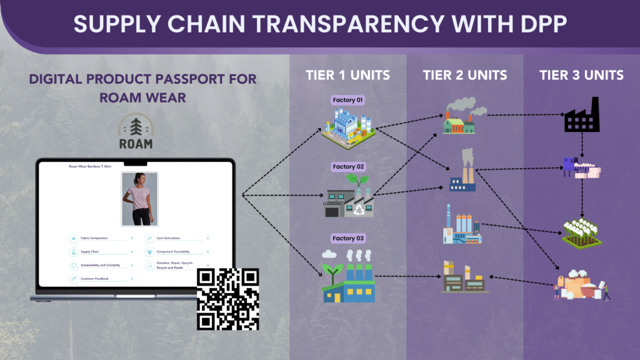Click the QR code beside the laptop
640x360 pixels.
pos(228,299)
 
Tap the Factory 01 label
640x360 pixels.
pos(347,100)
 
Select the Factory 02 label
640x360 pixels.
pos(348,167)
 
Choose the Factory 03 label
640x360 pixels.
pos(348,238)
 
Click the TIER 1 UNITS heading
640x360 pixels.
pos(347,75)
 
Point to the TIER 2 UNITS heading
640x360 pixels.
pos(464,75)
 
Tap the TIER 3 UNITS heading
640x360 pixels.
pos(581,75)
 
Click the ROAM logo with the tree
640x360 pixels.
pos(135,133)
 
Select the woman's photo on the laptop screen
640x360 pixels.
pos(139,199)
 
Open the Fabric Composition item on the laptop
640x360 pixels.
pos(94,238)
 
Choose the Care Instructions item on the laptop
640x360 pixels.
pos(168,238)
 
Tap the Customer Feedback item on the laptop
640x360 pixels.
pos(96,278)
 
